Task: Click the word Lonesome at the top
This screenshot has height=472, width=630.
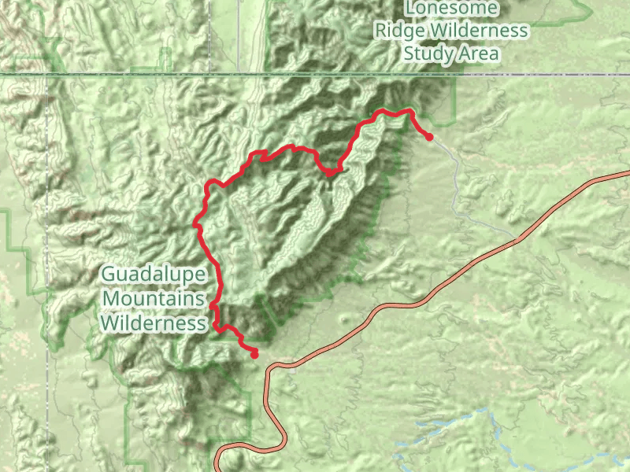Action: point(452,9)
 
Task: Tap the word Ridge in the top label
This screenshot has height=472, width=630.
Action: point(399,31)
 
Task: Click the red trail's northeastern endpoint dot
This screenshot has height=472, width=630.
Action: point(429,137)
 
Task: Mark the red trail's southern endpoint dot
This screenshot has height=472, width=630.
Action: point(254,355)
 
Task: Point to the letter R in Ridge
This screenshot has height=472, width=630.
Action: point(381,31)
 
